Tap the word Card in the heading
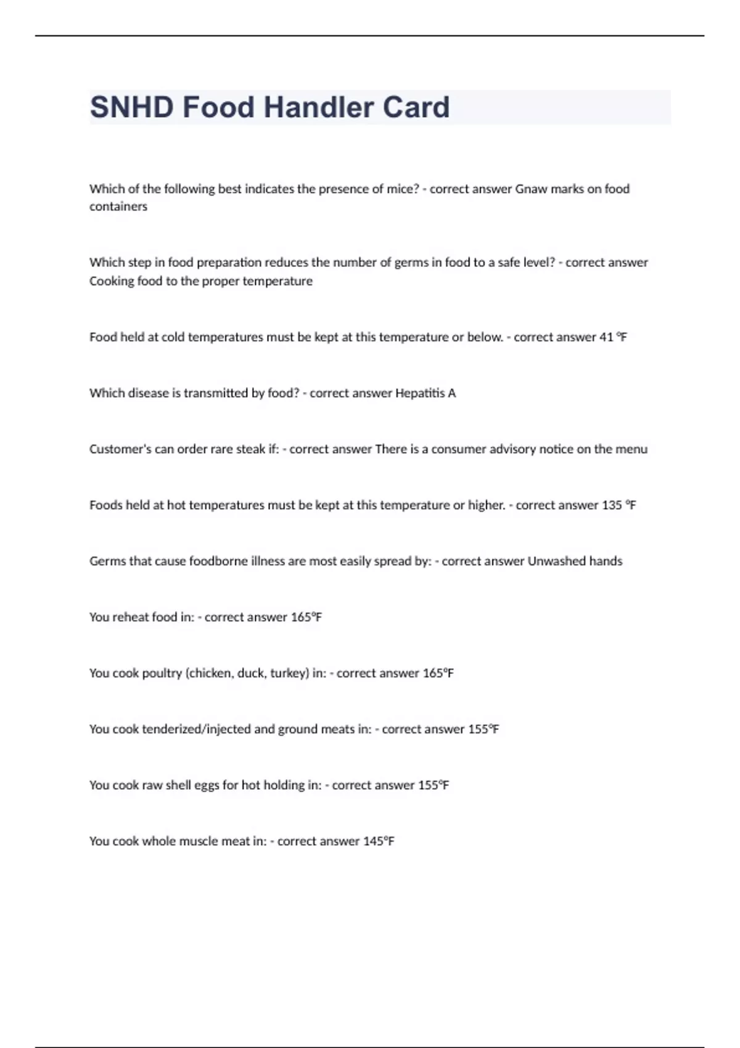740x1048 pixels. click(416, 107)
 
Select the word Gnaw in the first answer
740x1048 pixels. click(531, 189)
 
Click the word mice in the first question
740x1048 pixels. click(402, 189)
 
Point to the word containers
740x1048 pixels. click(118, 207)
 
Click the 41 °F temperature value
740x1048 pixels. click(613, 337)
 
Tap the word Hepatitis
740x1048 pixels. click(421, 393)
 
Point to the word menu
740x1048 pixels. click(631, 449)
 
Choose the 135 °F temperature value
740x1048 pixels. click(619, 505)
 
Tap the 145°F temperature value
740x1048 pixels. click(379, 841)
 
